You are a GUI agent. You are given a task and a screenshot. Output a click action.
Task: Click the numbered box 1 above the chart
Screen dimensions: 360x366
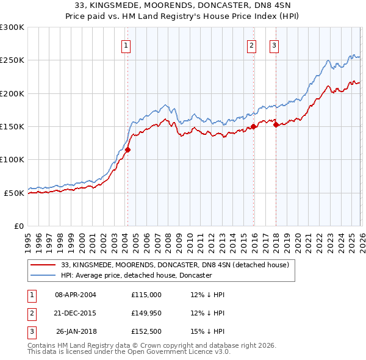126,45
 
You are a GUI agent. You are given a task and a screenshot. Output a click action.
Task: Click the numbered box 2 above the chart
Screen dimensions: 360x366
251,45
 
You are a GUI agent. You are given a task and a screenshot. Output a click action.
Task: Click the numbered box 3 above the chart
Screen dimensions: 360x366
274,45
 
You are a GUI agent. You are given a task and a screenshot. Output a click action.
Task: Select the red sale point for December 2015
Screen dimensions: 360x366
254,127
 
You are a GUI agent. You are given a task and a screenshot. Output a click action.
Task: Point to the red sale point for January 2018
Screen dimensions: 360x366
276,125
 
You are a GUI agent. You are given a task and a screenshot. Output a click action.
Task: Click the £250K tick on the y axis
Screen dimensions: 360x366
12,60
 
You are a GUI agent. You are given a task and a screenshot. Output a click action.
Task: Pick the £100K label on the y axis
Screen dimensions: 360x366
12,160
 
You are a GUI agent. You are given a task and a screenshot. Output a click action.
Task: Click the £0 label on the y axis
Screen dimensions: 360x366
18,226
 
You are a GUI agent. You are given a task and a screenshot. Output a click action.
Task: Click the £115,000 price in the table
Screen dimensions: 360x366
146,295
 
